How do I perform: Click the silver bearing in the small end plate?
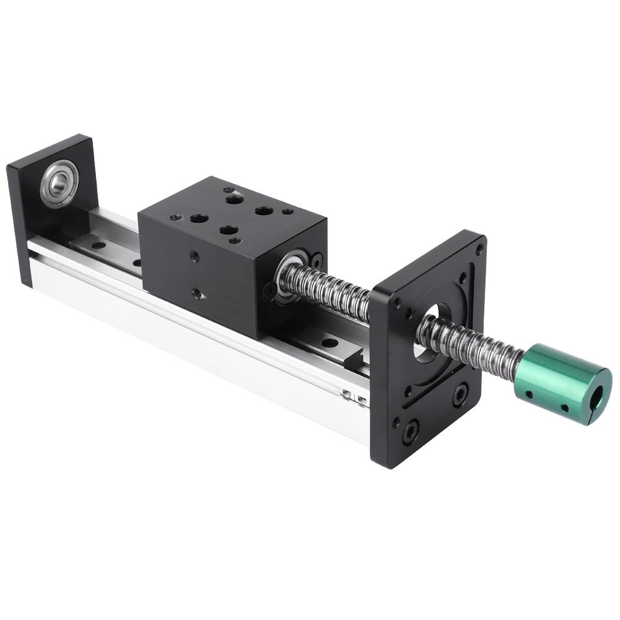point(59,183)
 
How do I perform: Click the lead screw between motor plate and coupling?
point(471,347)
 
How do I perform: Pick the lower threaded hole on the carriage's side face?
point(196,292)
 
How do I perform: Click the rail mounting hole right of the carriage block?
point(329,343)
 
